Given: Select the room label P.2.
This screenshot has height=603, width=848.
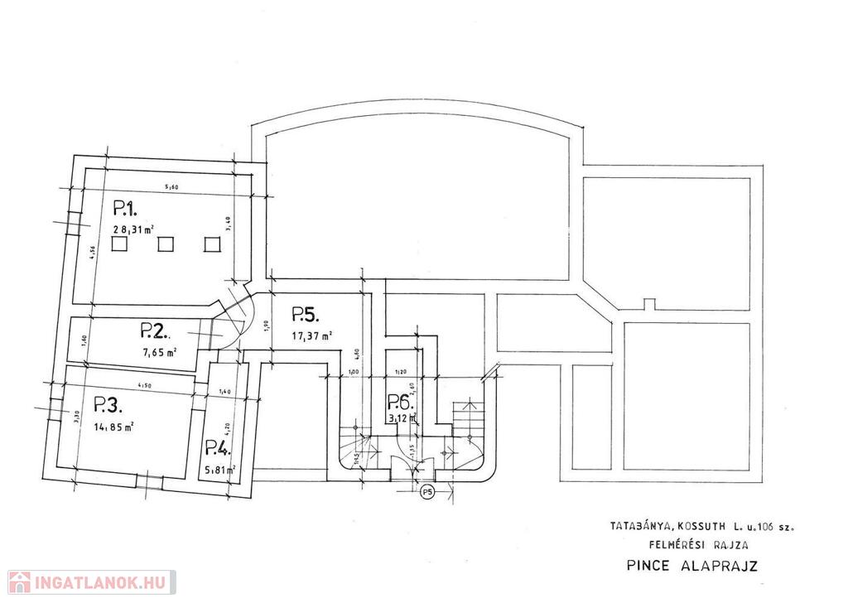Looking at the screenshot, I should pyautogui.click(x=155, y=332).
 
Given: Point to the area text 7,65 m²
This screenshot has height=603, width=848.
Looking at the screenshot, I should pyautogui.click(x=160, y=352).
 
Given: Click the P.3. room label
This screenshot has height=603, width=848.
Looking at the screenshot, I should pyautogui.click(x=108, y=405).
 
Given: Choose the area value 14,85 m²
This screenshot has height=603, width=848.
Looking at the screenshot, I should pyautogui.click(x=114, y=427).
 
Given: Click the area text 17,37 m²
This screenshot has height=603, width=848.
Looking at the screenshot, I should pyautogui.click(x=312, y=336).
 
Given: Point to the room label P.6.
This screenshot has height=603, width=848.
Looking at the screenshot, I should pyautogui.click(x=401, y=403).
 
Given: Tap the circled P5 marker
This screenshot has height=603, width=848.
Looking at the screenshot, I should pyautogui.click(x=427, y=493).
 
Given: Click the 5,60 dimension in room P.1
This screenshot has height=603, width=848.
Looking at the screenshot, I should pyautogui.click(x=171, y=187).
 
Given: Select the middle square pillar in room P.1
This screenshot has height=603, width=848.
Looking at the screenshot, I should pyautogui.click(x=166, y=244).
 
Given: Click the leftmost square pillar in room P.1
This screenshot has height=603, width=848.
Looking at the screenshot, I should pyautogui.click(x=120, y=244).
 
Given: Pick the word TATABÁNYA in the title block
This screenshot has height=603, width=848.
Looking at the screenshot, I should pyautogui.click(x=639, y=525).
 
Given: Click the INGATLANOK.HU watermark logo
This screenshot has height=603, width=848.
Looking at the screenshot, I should pyautogui.click(x=89, y=581).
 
